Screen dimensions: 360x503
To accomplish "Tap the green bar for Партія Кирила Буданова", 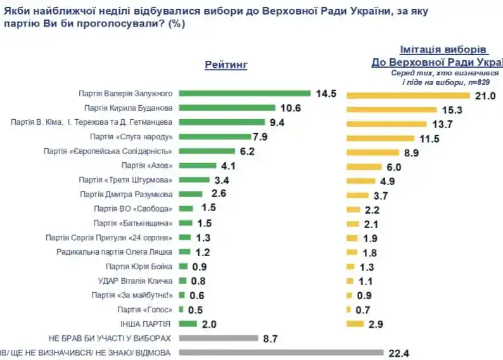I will [x=227, y=107].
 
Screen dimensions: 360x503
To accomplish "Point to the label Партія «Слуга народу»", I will [x=132, y=136].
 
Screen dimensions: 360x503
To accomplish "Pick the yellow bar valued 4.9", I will [x=359, y=181].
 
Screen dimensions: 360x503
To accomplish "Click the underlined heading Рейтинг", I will [x=226, y=65].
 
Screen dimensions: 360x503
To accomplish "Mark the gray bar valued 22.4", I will [x=282, y=352].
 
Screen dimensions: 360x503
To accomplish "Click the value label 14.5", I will [x=326, y=93].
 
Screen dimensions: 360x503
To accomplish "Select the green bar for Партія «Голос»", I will [x=181, y=309].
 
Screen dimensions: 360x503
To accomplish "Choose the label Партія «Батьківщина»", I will [x=132, y=223].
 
